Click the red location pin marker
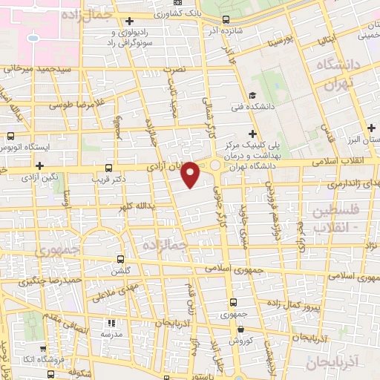coord(191,174)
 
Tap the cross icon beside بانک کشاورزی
coord(130,20)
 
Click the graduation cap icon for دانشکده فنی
coord(253,95)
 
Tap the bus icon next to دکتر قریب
coord(109,168)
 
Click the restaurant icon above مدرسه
coord(111,323)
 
